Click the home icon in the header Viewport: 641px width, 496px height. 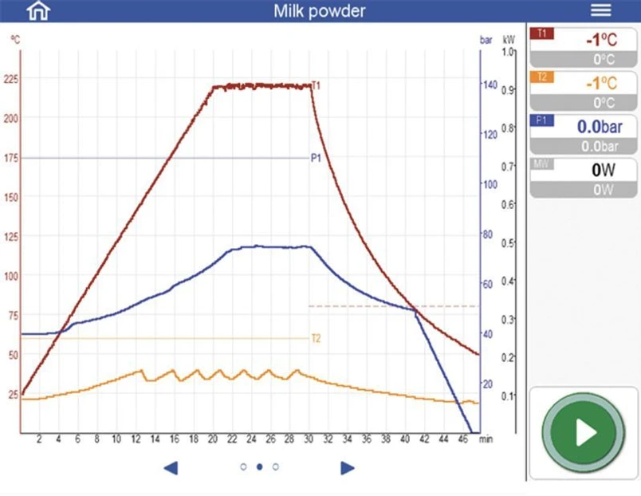[38, 10]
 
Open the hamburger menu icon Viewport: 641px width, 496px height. [600, 10]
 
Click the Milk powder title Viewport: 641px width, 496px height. [319, 11]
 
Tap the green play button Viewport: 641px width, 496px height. [584, 432]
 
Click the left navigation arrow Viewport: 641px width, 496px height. [171, 468]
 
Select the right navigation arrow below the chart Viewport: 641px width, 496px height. [348, 468]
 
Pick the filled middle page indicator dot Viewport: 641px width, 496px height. [259, 466]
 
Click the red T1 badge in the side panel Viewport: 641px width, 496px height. [541, 33]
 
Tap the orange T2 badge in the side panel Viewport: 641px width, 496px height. [541, 77]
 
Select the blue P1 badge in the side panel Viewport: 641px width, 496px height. [541, 120]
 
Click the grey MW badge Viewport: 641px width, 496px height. [541, 164]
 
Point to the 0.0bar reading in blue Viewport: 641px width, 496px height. [600, 127]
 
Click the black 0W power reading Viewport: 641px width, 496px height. [603, 170]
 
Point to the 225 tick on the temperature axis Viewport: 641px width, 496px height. [11, 79]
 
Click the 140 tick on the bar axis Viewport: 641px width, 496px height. [490, 85]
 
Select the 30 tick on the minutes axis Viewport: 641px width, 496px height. [309, 439]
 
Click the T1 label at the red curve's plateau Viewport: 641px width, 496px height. [316, 85]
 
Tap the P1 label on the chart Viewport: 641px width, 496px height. [316, 158]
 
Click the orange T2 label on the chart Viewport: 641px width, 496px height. [316, 339]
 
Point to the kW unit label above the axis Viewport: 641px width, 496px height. [509, 40]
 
